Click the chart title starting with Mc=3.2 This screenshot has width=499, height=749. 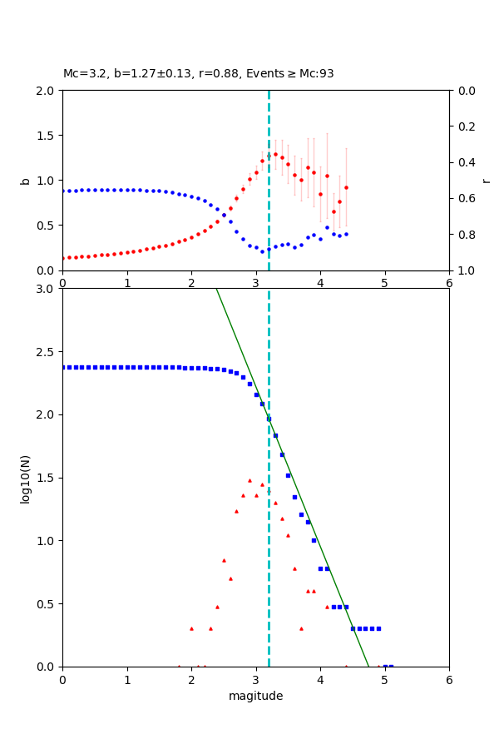pos(198,73)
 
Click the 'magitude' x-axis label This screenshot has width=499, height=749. pos(255,696)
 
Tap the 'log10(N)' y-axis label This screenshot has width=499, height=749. pos(25,478)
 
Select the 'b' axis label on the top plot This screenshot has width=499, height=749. pos(25,181)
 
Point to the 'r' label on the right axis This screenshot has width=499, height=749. pos(486,181)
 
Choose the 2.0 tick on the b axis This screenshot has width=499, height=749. pos(47,91)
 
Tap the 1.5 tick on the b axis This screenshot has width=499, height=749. pos(47,136)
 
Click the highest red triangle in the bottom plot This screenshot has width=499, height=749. pos(249,480)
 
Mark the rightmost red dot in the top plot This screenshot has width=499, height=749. pos(346,187)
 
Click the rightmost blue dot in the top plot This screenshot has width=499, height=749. pos(346,234)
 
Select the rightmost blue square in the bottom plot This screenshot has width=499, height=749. pos(391,666)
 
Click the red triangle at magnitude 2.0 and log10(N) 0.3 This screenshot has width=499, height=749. pos(191,628)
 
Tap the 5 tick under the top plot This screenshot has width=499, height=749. pos(385,283)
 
